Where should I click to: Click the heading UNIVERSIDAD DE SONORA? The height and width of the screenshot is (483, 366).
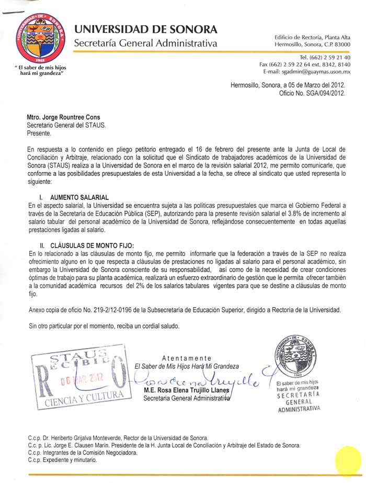coord(145,29)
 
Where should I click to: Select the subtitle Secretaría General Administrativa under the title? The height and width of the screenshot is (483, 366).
coord(145,43)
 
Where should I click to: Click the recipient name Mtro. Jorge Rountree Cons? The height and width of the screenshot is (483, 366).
coord(63,117)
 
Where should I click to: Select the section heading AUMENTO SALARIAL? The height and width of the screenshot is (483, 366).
coord(79,197)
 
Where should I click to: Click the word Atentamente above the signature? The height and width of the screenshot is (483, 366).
coord(187,358)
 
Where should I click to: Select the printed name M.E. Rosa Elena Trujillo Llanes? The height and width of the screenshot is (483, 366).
coord(187,390)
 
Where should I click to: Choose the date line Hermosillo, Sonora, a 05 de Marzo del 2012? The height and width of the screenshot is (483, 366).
coord(288,85)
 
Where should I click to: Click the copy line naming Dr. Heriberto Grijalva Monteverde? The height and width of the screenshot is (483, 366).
coord(118,438)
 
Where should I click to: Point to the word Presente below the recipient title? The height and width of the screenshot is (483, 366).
coord(39,133)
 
